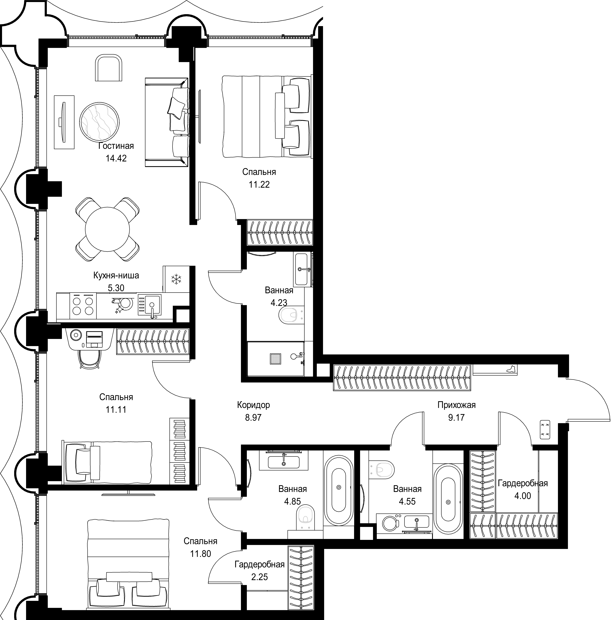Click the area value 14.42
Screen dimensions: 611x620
click(116, 158)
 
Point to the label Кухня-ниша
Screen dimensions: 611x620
click(116, 275)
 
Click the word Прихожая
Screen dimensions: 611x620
click(457, 405)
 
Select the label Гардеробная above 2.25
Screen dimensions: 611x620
click(259, 564)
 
